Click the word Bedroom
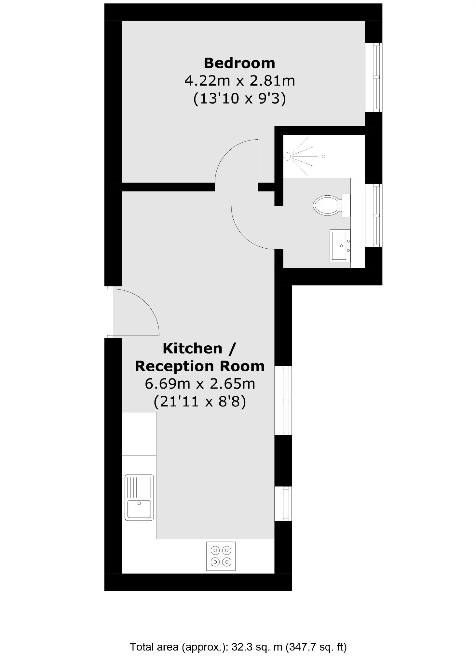(239, 63)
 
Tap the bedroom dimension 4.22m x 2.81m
(239, 80)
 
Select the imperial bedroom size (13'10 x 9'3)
(239, 98)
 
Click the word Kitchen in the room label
(192, 348)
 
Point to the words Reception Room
(199, 366)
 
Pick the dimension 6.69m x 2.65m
(199, 384)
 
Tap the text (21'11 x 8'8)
(199, 402)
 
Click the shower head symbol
(288, 157)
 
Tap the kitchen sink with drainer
(139, 497)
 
